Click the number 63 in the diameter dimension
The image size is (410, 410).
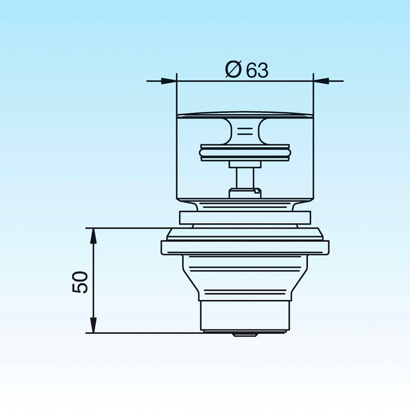click(257, 70)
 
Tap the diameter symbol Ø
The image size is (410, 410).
click(233, 70)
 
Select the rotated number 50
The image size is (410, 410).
click(80, 282)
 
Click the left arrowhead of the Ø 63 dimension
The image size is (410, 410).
click(169, 81)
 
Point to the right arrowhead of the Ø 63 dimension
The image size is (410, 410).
click(321, 81)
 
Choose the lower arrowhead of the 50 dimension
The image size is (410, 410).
click(93, 325)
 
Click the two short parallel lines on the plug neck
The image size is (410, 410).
click(245, 131)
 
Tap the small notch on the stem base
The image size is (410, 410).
click(257, 191)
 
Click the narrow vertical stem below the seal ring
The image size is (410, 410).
click(245, 178)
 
